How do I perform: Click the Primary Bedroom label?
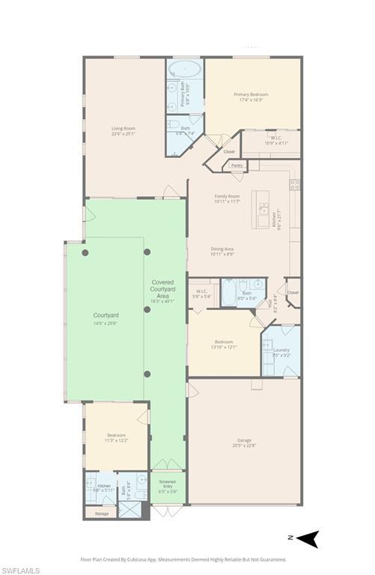click(x=251, y=94)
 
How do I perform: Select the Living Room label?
click(x=123, y=130)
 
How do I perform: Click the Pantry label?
click(x=237, y=165)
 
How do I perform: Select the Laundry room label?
click(x=281, y=350)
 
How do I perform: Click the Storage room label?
click(x=101, y=514)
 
